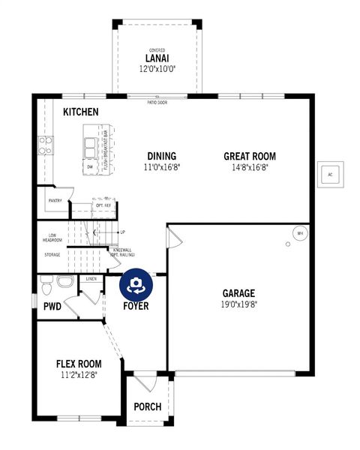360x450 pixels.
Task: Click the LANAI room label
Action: point(156,58)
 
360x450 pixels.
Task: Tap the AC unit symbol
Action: point(329,174)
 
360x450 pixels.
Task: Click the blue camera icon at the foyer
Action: point(136,284)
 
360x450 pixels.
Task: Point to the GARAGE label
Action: point(238,293)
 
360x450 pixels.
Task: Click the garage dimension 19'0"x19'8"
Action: point(238,305)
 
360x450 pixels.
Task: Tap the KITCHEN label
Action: point(80,112)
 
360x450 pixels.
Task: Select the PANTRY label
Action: point(55,200)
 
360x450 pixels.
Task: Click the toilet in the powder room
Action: point(46,286)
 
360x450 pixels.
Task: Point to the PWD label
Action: point(52,306)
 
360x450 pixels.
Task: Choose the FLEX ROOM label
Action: point(79,364)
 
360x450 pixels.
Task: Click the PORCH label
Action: point(147,406)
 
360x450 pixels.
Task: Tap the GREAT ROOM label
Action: point(250,157)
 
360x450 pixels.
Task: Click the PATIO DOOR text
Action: point(157,102)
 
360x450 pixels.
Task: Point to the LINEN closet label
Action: point(91,279)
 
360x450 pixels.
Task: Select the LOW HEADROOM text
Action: point(52,238)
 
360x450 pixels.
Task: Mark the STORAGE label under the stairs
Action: point(52,255)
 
